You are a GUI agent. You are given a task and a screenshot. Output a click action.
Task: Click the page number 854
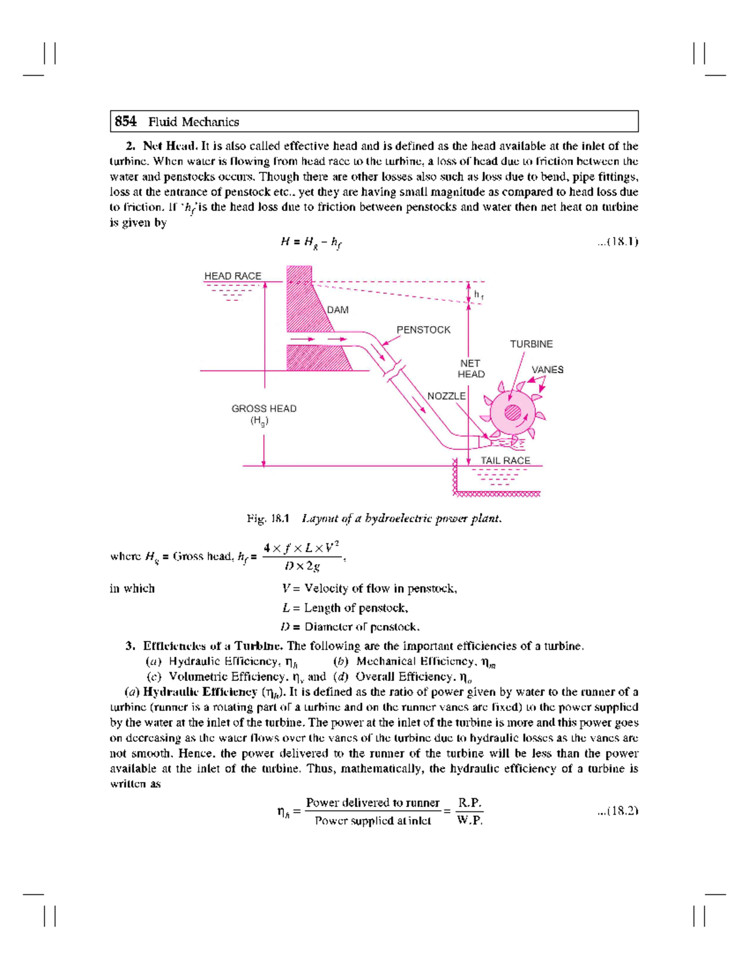[125, 122]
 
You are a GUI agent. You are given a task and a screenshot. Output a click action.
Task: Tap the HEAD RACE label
[233, 276]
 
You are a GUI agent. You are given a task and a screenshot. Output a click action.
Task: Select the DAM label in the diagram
[338, 310]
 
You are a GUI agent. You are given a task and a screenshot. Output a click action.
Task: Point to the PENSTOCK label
[423, 330]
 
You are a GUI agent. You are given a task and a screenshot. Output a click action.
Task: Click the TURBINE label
[531, 344]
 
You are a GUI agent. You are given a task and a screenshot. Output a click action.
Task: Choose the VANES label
[547, 370]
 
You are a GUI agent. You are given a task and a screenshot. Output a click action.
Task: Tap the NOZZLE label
[446, 396]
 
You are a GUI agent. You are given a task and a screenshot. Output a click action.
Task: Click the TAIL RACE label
[505, 460]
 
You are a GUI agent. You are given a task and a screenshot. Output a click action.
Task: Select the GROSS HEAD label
[264, 408]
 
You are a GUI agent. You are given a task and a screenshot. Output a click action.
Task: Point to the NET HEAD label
[471, 369]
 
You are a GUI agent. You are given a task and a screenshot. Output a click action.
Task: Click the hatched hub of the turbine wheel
[512, 412]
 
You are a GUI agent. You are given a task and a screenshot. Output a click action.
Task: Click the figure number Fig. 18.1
[268, 518]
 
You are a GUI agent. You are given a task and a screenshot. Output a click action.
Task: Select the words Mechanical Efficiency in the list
[415, 661]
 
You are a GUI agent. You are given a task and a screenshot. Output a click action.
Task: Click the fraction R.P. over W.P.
[469, 811]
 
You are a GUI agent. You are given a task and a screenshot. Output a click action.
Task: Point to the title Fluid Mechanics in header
[193, 122]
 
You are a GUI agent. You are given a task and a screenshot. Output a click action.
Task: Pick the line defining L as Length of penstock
[345, 608]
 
